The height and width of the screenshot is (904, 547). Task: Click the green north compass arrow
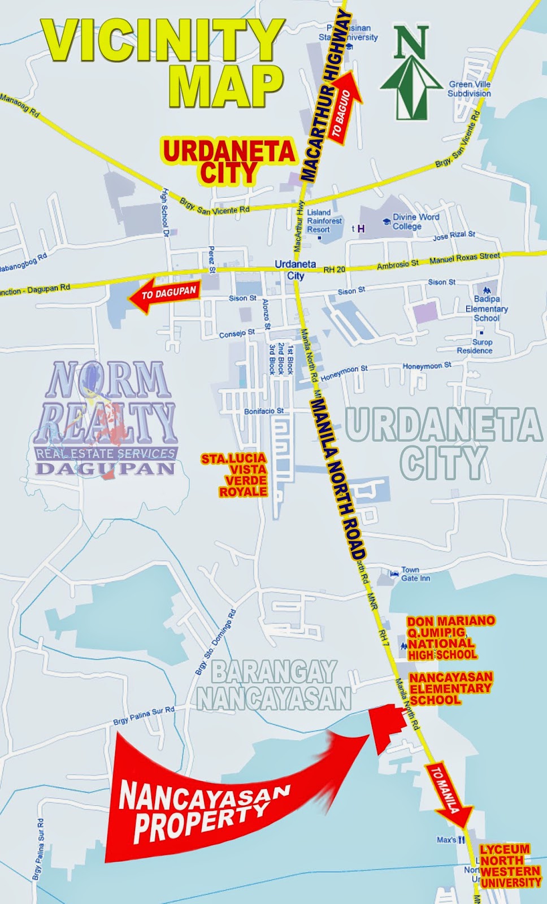411,73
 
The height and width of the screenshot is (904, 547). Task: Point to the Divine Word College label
415,221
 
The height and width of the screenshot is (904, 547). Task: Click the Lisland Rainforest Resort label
324,221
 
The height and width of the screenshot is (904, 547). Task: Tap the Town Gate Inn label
415,574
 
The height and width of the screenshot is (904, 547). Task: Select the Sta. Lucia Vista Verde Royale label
234,475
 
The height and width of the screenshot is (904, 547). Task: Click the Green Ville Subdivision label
469,89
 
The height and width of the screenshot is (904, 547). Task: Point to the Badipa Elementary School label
487,308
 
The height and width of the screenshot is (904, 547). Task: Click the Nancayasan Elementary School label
450,688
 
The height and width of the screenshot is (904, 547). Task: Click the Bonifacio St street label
264,411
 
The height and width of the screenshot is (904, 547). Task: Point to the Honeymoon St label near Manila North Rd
344,373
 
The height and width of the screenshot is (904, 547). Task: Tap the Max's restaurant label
446,840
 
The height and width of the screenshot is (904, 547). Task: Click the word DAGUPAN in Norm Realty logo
106,468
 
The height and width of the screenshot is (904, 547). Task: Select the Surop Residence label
475,346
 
